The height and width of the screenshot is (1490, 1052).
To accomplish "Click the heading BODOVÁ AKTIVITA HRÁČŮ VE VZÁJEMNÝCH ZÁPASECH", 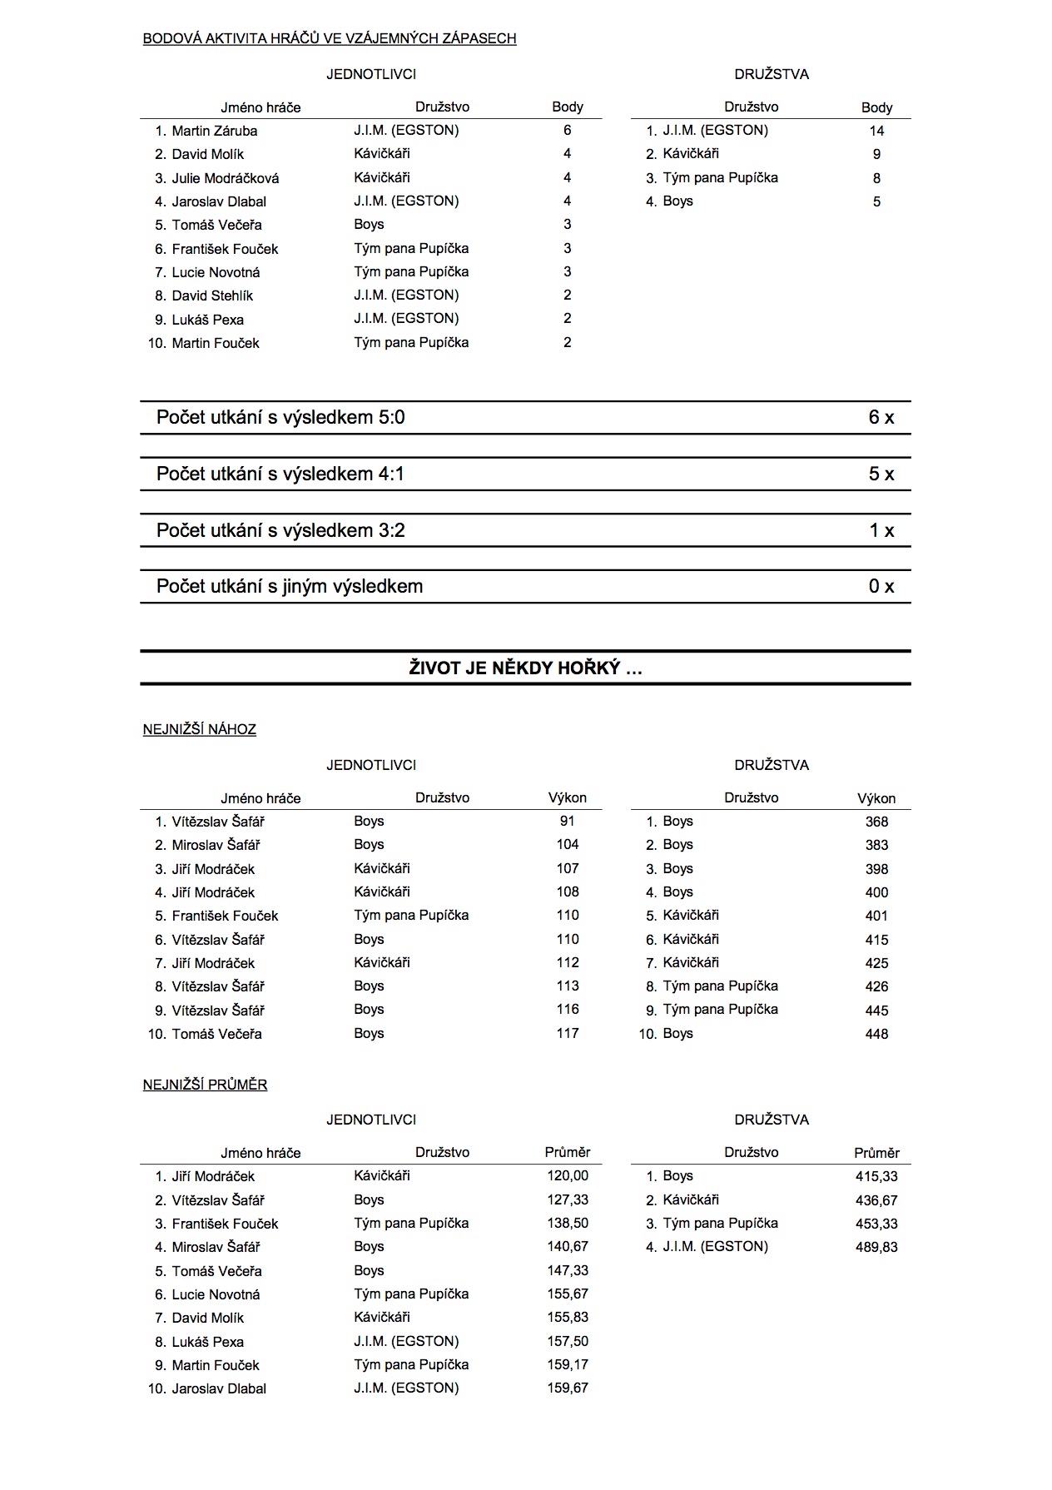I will [330, 38].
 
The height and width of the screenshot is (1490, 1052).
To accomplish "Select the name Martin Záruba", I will [214, 131].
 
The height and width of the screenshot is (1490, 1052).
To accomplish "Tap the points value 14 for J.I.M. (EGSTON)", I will [876, 131].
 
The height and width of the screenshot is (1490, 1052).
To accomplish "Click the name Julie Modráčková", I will [225, 178].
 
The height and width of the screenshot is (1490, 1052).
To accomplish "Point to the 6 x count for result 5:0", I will [881, 418].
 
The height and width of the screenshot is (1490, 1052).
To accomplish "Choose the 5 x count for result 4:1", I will [881, 474].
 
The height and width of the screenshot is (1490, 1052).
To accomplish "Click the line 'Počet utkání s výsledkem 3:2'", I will [280, 531].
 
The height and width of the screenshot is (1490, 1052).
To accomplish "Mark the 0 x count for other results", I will [881, 587].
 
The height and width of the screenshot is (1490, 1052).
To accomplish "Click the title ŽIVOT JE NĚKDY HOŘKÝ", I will [525, 668].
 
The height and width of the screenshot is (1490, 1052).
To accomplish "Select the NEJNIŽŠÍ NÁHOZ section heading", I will [200, 730].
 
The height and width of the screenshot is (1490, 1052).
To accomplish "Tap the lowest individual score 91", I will [568, 822].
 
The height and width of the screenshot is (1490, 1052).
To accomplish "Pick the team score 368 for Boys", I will [876, 822].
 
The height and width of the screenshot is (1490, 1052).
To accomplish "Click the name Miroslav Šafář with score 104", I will [216, 846].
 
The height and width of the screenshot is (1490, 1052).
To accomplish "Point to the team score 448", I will [876, 1035].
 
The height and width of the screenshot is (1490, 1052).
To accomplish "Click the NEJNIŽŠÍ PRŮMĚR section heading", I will [205, 1085].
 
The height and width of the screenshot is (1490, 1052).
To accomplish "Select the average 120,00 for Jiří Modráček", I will [568, 1176].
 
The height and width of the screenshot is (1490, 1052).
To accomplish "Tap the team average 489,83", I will [876, 1248].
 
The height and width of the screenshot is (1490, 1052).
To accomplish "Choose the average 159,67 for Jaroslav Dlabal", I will [568, 1388].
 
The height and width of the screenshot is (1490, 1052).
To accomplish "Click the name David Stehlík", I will [212, 296].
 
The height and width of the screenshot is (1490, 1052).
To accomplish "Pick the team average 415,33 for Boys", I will [876, 1177].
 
